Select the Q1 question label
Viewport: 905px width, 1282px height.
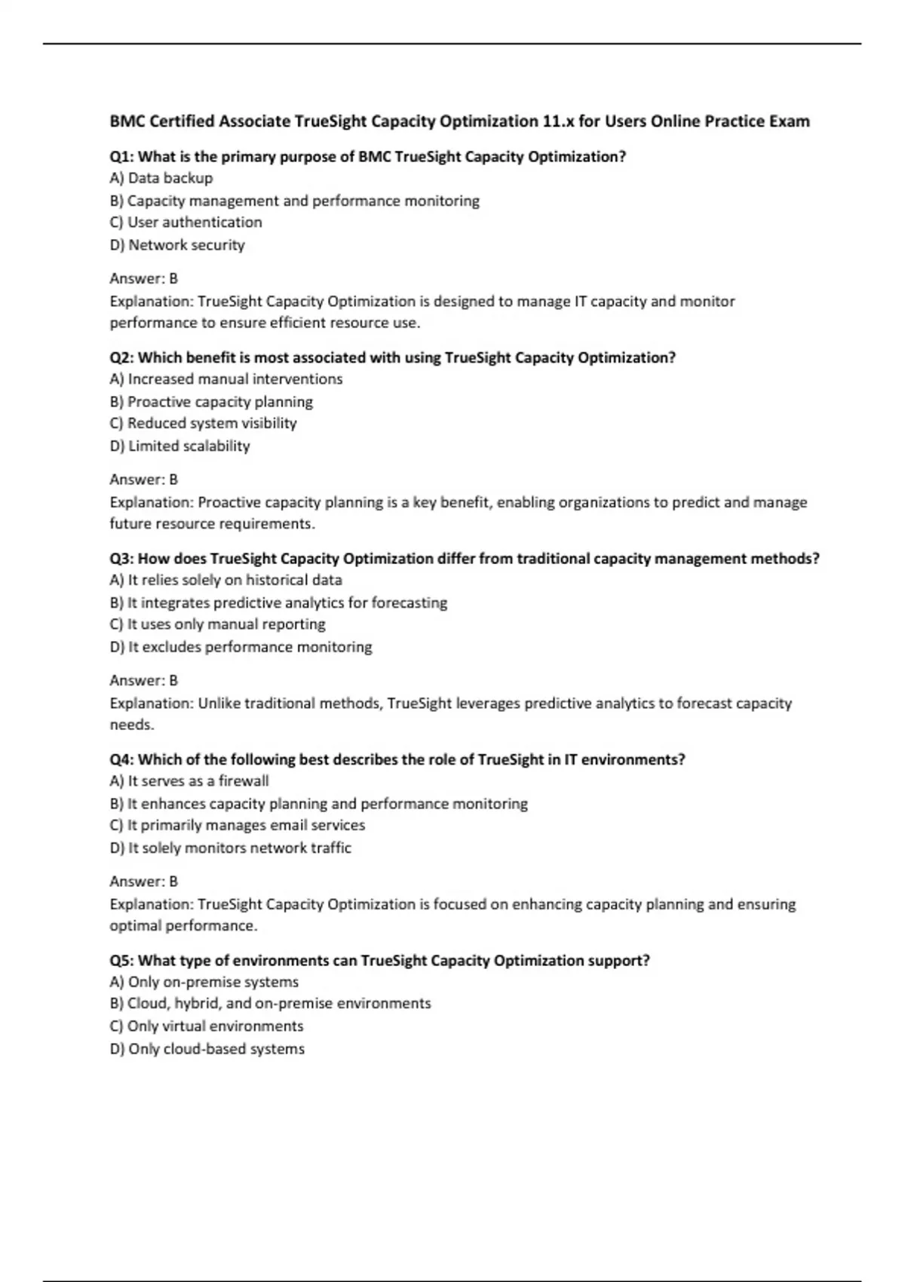(121, 157)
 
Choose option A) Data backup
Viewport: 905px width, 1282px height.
(161, 178)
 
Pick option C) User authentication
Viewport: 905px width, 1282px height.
(186, 222)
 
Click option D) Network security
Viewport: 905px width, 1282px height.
(177, 245)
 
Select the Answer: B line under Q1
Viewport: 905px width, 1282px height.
(143, 278)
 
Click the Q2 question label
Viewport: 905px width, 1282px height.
(121, 357)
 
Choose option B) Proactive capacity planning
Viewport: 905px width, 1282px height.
(211, 402)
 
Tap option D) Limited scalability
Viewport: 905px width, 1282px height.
(179, 446)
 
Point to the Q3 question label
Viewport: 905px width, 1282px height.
(121, 559)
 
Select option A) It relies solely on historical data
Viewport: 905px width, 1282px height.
(225, 580)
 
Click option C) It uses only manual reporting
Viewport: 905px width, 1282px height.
(217, 624)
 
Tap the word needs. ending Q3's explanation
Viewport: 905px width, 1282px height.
(132, 725)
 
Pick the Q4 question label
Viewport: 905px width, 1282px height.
(121, 759)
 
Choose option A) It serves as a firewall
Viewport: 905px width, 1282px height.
(189, 781)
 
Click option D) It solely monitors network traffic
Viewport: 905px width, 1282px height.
(230, 848)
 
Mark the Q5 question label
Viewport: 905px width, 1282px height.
(121, 961)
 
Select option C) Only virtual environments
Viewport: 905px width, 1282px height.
(206, 1026)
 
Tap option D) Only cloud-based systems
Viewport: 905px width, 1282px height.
(207, 1049)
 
